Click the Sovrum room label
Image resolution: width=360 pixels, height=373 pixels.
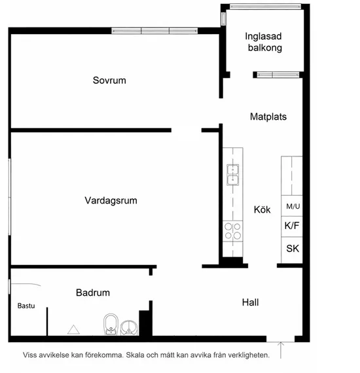pos(109,81)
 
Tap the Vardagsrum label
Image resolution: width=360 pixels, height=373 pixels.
pos(111,201)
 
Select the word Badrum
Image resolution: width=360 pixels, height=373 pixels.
pos(92,293)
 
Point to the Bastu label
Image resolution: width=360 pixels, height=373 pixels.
pos(26,306)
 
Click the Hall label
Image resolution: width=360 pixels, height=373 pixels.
pos(250,302)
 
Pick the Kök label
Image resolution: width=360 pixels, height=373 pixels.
pos(262,210)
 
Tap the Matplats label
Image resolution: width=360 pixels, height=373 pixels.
pos(268,116)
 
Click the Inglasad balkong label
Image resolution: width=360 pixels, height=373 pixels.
pos(264,42)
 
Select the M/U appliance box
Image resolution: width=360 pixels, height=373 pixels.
pos(292,206)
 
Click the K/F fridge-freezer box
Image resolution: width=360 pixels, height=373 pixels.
pos(292,226)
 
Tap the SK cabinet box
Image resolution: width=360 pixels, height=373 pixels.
pos(292,249)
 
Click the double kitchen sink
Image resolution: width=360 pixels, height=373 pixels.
pos(232,174)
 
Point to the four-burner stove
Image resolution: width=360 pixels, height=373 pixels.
pos(232,230)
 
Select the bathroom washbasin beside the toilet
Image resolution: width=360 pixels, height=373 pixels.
pos(130,327)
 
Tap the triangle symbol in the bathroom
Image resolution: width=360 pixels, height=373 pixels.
pos(73,329)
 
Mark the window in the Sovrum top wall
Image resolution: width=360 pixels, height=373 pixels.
pos(155,31)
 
